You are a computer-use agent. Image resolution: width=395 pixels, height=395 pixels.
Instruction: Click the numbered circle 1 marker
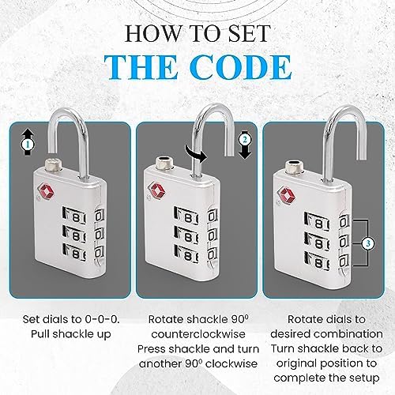(x=28, y=144)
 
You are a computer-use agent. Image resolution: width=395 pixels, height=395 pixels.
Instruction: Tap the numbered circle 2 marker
(x=245, y=139)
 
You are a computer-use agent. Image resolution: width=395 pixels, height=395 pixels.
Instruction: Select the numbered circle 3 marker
(x=368, y=243)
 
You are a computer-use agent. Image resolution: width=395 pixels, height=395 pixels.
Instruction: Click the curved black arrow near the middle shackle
(x=196, y=153)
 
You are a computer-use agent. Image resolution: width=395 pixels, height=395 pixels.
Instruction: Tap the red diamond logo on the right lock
(x=287, y=195)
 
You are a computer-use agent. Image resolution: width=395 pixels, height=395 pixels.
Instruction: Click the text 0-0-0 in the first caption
(x=102, y=319)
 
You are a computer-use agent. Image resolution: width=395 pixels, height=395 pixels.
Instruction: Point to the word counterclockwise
(x=198, y=334)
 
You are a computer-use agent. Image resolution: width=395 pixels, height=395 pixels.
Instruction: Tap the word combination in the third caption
(x=348, y=334)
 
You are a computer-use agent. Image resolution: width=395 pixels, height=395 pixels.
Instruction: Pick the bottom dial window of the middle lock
(x=186, y=254)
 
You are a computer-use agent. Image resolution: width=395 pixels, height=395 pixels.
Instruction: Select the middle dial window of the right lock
(x=317, y=243)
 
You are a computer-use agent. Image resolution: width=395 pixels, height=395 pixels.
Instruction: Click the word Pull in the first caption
(x=40, y=334)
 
